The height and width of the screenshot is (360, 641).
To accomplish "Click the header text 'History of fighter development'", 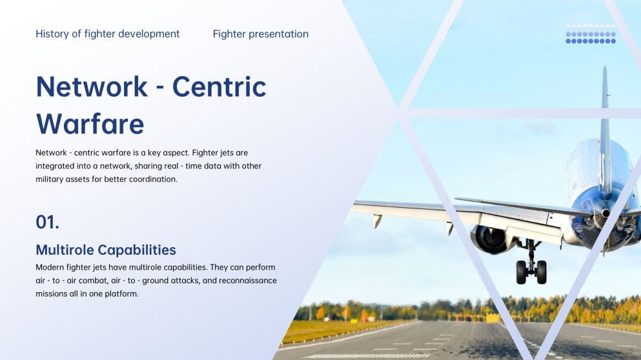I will (108, 34).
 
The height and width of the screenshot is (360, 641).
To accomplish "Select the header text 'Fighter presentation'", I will (260, 34).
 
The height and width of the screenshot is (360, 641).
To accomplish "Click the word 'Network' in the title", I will (92, 86).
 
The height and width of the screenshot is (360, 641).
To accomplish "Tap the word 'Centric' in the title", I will (219, 86).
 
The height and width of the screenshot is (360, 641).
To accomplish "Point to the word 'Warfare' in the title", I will (90, 123).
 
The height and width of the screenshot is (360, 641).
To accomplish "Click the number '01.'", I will (48, 223).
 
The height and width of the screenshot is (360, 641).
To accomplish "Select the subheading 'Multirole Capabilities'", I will (106, 250).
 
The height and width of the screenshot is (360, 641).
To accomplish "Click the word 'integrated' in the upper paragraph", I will (56, 166).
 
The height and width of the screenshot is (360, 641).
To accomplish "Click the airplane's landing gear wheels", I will (531, 272).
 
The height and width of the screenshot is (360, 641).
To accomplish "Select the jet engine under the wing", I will (491, 238).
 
